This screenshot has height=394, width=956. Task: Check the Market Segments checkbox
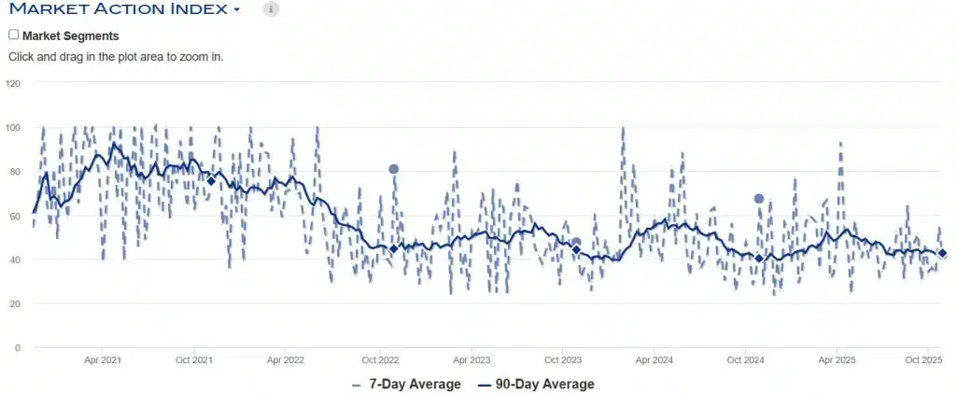[x=13, y=35]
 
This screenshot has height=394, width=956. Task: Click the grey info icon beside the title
[x=271, y=9]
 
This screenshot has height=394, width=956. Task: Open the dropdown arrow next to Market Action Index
[x=237, y=10]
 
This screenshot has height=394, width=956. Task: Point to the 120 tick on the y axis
[x=12, y=83]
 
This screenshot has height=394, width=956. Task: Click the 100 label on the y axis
[x=12, y=127]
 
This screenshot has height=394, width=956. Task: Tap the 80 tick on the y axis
[x=14, y=172]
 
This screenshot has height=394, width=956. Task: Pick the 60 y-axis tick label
[x=14, y=216]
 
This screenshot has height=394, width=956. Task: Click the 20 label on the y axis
[x=14, y=303]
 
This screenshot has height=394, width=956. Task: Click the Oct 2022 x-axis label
[x=380, y=359]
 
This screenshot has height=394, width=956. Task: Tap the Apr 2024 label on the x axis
[x=654, y=359]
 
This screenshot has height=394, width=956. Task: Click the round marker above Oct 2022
[x=394, y=169]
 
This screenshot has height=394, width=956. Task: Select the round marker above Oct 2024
[x=759, y=199]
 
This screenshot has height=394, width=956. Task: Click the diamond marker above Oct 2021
[x=211, y=180]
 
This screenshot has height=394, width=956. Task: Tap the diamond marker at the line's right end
[x=943, y=253]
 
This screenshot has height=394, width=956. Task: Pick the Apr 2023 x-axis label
[x=472, y=359]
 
